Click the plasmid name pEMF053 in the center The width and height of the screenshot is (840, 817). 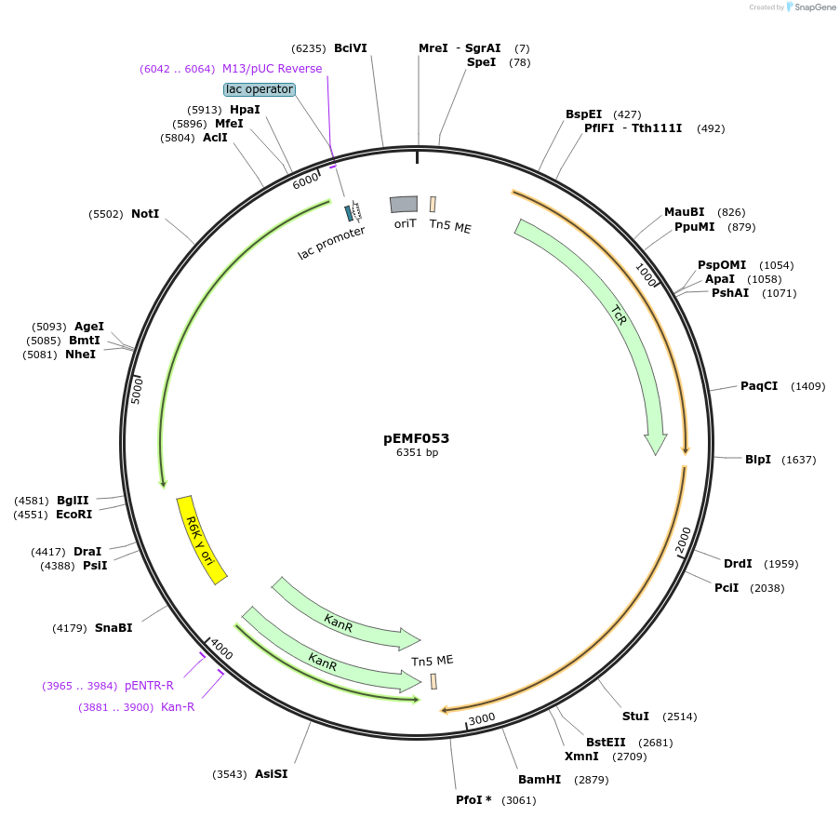click(x=416, y=438)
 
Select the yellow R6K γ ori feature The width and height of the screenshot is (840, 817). click(x=202, y=540)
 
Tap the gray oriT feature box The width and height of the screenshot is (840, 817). click(x=404, y=204)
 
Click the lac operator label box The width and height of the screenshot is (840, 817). click(x=260, y=89)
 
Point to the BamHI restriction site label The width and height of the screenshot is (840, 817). click(x=540, y=780)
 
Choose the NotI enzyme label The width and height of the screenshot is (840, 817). click(x=145, y=214)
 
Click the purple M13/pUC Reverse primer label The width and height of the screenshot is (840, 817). click(x=273, y=69)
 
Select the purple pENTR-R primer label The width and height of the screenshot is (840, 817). click(x=149, y=686)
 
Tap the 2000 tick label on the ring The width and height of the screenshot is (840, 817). click(x=683, y=540)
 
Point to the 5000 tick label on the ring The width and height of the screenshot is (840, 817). click(x=137, y=391)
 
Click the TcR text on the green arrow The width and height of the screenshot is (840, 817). click(x=619, y=315)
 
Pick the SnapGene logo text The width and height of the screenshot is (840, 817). click(x=815, y=7)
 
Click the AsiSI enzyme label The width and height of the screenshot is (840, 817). click(x=271, y=774)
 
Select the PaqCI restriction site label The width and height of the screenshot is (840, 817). click(x=759, y=386)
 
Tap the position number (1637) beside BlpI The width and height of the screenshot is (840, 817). click(x=799, y=460)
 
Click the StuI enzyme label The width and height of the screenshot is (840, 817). click(x=635, y=717)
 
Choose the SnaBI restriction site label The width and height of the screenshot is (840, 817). click(x=113, y=628)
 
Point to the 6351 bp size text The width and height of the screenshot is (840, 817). click(x=417, y=452)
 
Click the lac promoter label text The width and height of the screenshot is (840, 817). click(x=331, y=243)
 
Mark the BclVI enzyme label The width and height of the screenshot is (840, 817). click(x=351, y=48)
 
